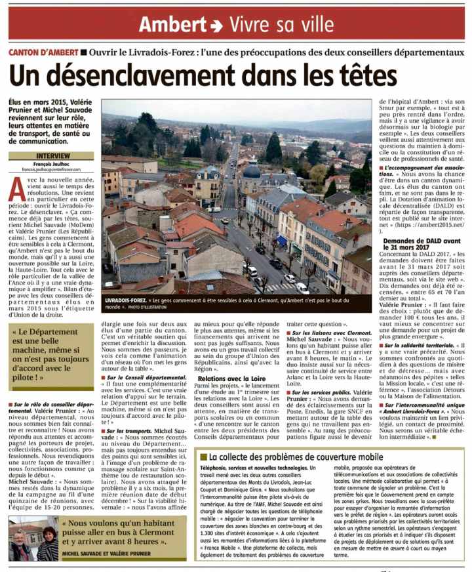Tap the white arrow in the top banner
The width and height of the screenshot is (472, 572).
click(x=218, y=26)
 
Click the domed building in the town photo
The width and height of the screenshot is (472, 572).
click(x=252, y=172)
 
